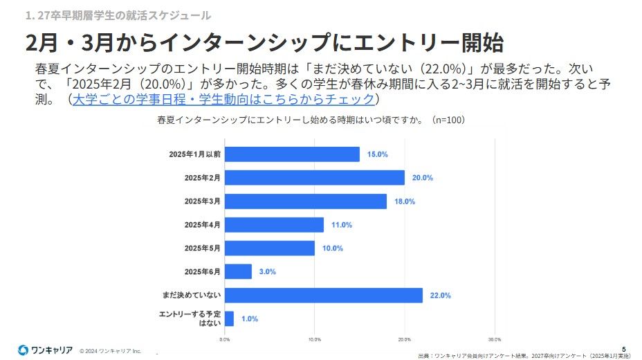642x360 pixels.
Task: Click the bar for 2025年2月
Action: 315,178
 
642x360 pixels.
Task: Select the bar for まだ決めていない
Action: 324,296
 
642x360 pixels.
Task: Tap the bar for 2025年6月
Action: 238,272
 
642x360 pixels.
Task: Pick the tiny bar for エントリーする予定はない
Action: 229,318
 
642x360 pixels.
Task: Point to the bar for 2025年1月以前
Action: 292,154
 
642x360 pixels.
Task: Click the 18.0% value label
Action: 405,201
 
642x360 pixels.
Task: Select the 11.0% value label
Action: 342,225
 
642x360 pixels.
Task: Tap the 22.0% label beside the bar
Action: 441,296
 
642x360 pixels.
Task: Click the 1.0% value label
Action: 250,319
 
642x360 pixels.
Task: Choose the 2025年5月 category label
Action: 203,249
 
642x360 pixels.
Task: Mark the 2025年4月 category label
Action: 203,225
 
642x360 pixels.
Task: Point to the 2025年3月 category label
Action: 203,201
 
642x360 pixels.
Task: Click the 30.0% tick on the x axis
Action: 494,340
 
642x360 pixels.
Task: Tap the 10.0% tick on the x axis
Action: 314,340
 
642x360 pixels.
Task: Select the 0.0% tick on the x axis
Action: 225,340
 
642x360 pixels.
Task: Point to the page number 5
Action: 624,348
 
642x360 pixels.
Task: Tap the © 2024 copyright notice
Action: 110,351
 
